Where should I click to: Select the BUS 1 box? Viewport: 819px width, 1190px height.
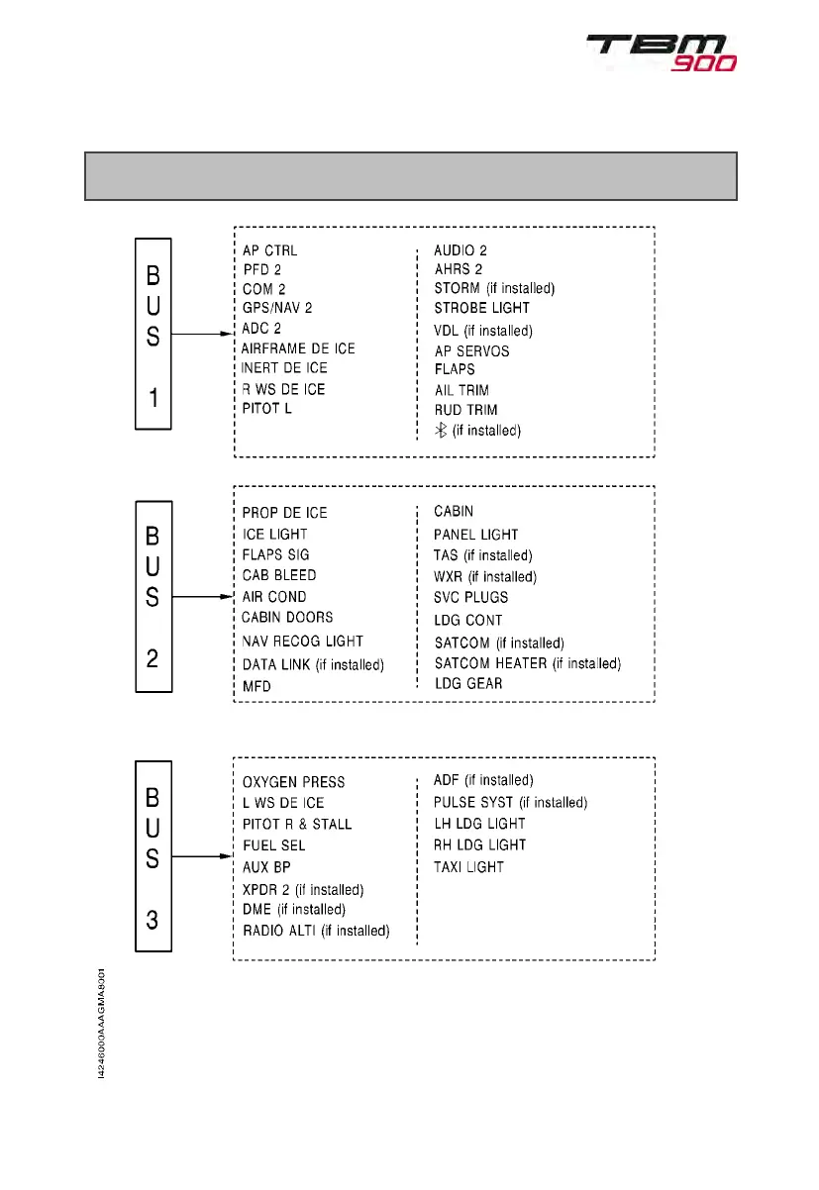tap(153, 333)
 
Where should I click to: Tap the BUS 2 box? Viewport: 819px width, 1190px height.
tap(153, 596)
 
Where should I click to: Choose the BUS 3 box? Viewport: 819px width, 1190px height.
tap(153, 857)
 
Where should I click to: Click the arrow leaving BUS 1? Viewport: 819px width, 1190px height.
tap(203, 335)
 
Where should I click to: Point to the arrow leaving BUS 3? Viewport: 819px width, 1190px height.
tap(203, 857)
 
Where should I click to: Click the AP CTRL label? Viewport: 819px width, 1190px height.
tap(269, 250)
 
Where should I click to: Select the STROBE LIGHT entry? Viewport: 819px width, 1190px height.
tap(481, 308)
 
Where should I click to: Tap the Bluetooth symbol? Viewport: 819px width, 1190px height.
tap(442, 430)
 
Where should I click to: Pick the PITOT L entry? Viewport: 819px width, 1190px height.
tap(267, 408)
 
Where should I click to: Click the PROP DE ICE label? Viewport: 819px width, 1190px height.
tap(284, 513)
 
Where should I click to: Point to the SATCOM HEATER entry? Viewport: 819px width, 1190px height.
tap(528, 663)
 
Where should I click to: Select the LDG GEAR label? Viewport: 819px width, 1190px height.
tap(468, 683)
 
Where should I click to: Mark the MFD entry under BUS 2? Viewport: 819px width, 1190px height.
tap(256, 686)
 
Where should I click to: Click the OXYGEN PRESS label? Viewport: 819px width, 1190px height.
tap(293, 782)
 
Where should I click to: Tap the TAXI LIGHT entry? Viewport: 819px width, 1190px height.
tap(468, 867)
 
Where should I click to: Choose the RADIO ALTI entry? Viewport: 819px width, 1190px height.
tap(316, 931)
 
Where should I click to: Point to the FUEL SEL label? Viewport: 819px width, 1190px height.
tap(273, 845)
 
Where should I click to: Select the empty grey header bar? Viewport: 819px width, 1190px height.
tap(411, 176)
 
